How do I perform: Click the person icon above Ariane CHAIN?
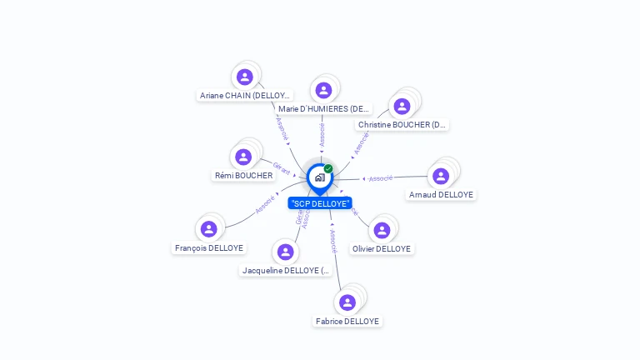245,77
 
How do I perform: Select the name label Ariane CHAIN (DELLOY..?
244,96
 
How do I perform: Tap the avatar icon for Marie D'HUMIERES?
324,90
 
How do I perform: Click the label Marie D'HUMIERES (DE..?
323,109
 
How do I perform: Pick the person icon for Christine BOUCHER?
402,106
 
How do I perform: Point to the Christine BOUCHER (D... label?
402,125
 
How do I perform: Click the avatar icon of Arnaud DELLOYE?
441,176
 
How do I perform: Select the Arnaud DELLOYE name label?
441,195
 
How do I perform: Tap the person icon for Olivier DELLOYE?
382,230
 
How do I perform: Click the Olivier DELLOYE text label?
382,249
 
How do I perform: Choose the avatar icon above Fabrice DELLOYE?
347,302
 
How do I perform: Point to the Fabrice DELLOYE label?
347,322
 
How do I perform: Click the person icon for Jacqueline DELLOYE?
285,252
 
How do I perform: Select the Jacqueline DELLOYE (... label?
285,271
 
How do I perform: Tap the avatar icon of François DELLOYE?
209,229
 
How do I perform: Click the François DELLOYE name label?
209,248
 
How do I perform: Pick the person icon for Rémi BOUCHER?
243,157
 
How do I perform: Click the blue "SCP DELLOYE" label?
320,203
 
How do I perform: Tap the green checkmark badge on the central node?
328,169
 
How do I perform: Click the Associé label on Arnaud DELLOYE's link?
381,178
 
